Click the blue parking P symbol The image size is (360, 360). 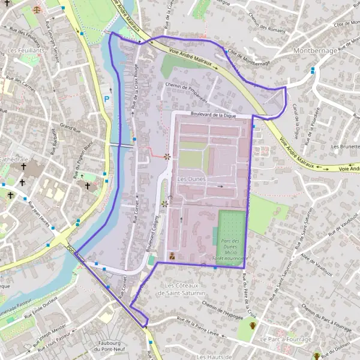(x=107, y=99)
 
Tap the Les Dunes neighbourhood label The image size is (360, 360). (x=191, y=179)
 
